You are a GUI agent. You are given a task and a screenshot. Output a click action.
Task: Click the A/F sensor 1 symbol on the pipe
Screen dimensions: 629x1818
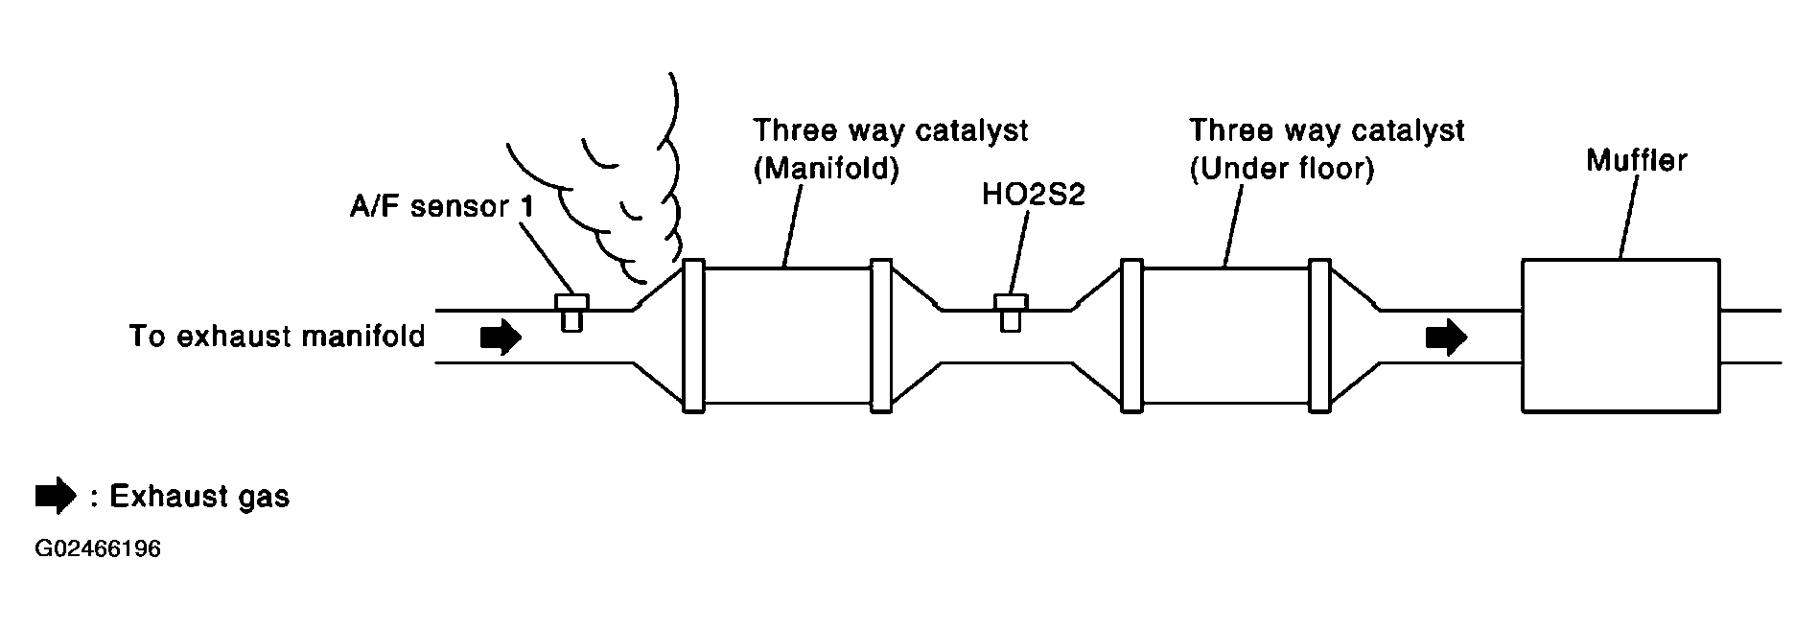click(x=571, y=312)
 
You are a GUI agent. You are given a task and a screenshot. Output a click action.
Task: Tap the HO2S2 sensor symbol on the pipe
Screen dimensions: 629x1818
click(x=1010, y=312)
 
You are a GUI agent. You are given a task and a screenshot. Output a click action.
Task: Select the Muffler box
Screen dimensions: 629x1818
click(x=1620, y=336)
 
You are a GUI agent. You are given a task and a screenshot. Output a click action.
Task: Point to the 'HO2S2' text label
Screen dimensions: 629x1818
click(x=1033, y=194)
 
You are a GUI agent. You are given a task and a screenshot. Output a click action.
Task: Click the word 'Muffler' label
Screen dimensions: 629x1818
click(x=1636, y=159)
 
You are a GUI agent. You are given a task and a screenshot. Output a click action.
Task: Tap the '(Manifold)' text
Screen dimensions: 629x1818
click(x=826, y=169)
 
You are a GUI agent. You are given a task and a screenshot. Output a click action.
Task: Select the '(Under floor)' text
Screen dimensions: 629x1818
click(x=1282, y=169)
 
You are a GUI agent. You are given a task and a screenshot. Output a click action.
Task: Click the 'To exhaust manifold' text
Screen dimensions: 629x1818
click(x=277, y=337)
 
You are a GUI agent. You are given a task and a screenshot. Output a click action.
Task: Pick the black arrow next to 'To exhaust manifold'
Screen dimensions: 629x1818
click(x=500, y=338)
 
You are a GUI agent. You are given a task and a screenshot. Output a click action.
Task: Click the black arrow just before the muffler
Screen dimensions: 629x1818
click(x=1445, y=338)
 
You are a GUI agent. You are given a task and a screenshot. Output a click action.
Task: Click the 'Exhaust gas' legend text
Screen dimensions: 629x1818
click(x=199, y=497)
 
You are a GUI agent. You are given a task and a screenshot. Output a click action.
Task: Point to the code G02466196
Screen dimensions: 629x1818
click(x=98, y=549)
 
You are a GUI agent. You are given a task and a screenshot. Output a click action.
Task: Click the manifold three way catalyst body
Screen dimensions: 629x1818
click(x=786, y=336)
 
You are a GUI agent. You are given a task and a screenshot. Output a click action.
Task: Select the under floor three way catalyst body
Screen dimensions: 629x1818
click(x=1226, y=336)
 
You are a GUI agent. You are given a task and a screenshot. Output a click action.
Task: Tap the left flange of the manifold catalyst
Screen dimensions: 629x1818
click(x=693, y=336)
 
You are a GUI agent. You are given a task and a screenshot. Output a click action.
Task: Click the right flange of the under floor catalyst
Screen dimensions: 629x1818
click(x=1320, y=336)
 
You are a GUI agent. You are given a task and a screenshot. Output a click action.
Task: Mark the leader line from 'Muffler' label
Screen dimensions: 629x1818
click(x=1630, y=217)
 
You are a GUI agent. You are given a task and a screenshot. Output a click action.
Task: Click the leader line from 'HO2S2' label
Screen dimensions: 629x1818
click(x=1019, y=253)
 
